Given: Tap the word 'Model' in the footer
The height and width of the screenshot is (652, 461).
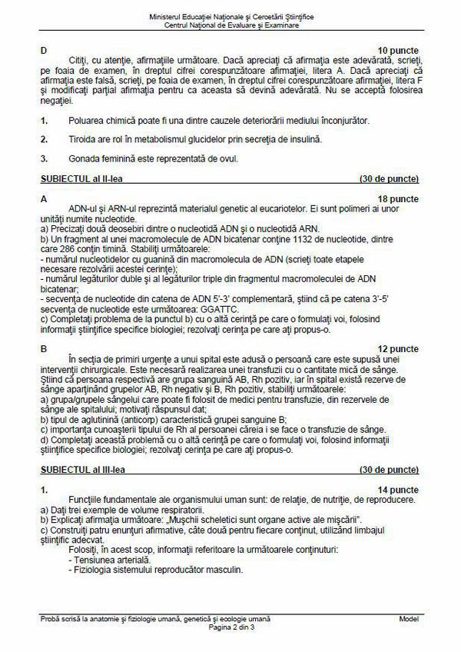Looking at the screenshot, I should (x=408, y=619).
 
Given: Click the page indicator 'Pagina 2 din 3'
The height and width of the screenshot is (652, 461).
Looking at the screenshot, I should (x=230, y=627).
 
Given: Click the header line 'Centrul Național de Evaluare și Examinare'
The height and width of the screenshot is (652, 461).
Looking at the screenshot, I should (x=230, y=25).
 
